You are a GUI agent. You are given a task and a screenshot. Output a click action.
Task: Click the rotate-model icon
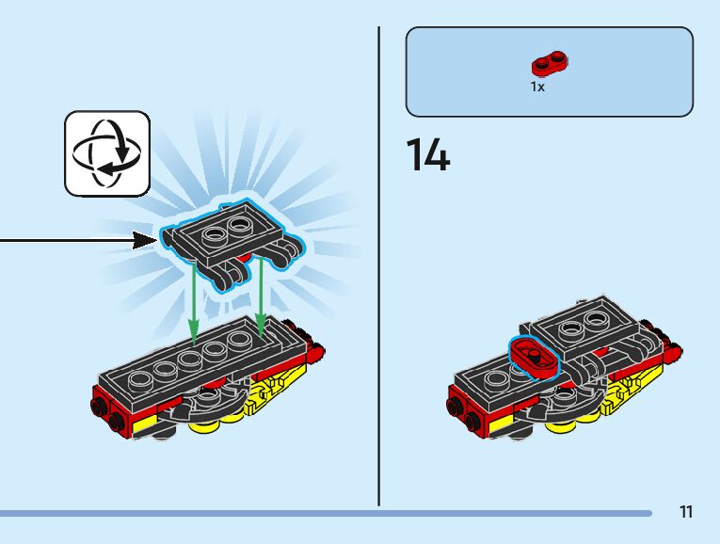pyautogui.click(x=107, y=153)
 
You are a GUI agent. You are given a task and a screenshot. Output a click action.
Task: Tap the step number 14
pyautogui.click(x=428, y=155)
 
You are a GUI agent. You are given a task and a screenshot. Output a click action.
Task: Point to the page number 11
pyautogui.click(x=686, y=512)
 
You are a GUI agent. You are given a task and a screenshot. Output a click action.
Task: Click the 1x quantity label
pyautogui.click(x=537, y=87)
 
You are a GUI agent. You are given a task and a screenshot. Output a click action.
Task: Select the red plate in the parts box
pyautogui.click(x=550, y=65)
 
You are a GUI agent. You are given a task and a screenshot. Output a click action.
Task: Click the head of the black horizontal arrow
pyautogui.click(x=146, y=240)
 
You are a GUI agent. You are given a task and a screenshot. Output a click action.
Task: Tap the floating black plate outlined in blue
pyautogui.click(x=231, y=235)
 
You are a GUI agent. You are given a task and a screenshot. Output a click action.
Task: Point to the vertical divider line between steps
pyautogui.click(x=379, y=264)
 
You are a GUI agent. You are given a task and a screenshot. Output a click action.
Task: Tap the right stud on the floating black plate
pyautogui.click(x=243, y=223)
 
